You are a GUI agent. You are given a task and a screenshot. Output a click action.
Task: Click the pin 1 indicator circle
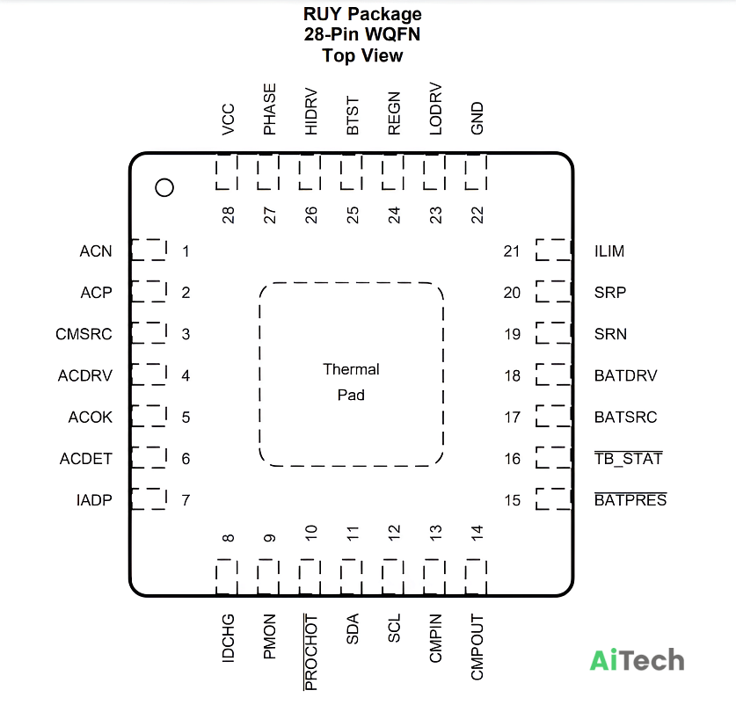click(164, 178)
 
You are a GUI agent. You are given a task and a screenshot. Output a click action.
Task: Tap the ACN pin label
click(96, 251)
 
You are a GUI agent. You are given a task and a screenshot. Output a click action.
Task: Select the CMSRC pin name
click(84, 334)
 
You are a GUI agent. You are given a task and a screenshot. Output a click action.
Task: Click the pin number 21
click(512, 251)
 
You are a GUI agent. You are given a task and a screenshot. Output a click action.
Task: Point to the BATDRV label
click(626, 375)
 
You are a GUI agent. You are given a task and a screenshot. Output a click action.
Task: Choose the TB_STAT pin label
click(629, 458)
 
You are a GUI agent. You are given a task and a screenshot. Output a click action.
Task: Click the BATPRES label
click(630, 499)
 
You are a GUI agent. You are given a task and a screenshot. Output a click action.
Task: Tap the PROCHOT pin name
click(310, 652)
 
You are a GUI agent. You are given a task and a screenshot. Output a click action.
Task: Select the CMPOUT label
click(477, 647)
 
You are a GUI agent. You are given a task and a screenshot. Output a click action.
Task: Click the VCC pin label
click(228, 120)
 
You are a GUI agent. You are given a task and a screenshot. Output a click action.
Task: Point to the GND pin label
click(477, 119)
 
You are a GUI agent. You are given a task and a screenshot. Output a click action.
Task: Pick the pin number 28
click(228, 215)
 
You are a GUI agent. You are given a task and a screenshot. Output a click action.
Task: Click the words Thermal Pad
click(351, 382)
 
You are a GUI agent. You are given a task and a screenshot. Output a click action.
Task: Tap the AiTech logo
click(637, 660)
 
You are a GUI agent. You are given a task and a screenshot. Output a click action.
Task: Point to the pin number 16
click(512, 459)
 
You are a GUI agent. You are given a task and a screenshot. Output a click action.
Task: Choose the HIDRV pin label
click(310, 112)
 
